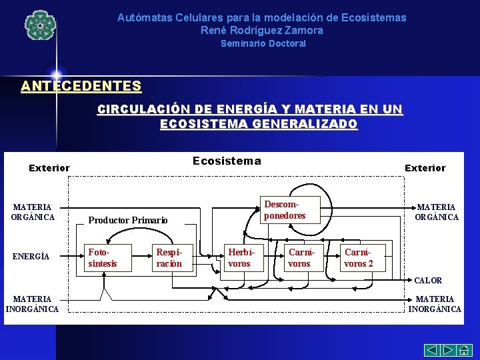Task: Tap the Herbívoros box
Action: (x=240, y=258)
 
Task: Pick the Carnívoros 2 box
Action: (x=360, y=258)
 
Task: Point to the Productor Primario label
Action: (x=128, y=220)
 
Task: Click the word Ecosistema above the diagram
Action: (x=227, y=161)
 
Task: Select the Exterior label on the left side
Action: (x=49, y=168)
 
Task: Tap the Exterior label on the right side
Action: (x=425, y=168)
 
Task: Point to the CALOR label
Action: (x=428, y=281)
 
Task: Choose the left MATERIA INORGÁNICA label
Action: (x=32, y=304)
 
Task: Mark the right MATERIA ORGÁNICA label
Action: (x=437, y=212)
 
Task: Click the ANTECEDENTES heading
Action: (x=81, y=86)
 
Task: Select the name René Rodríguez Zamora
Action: (x=261, y=30)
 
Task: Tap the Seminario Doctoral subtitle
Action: (x=263, y=43)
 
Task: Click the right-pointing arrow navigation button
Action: (x=447, y=349)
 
